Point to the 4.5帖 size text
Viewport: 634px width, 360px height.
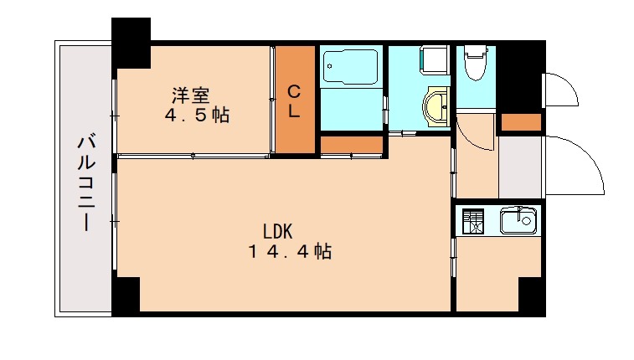[x=198, y=116]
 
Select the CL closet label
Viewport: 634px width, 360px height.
[x=295, y=100]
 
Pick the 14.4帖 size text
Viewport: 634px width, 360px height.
[x=290, y=251]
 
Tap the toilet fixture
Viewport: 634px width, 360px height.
[x=475, y=64]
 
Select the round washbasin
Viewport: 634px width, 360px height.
[x=436, y=107]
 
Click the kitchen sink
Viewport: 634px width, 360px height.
[x=517, y=222]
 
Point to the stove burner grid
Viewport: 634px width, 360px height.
[x=474, y=221]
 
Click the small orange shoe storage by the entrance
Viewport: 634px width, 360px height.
[x=520, y=123]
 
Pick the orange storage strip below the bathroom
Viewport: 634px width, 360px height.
[x=352, y=146]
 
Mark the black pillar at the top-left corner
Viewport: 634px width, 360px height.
[x=131, y=42]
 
